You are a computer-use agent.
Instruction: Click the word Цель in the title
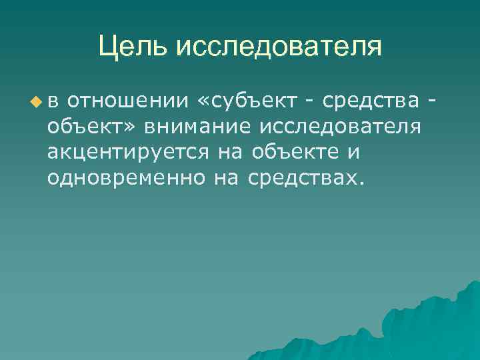coord(134,47)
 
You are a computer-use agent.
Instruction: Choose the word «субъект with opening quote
coord(250,101)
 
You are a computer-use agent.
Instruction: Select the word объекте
coord(297,153)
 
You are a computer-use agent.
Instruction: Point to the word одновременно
coord(126,177)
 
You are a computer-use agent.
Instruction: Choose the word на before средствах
coord(227,177)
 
